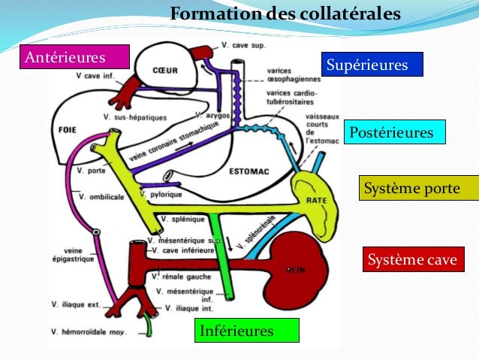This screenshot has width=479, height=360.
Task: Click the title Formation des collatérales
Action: (x=285, y=15)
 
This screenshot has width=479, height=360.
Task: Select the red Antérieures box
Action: (x=75, y=56)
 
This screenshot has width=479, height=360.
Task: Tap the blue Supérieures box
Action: (x=372, y=65)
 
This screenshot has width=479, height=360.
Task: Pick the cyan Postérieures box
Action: (x=394, y=132)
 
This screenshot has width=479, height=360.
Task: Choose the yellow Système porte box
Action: (x=418, y=188)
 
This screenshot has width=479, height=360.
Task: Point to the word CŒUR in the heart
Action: (x=164, y=71)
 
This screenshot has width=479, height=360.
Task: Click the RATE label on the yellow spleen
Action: (x=315, y=201)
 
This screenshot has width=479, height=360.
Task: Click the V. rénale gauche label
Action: (x=185, y=277)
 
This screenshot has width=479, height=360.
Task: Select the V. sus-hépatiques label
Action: (x=136, y=116)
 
